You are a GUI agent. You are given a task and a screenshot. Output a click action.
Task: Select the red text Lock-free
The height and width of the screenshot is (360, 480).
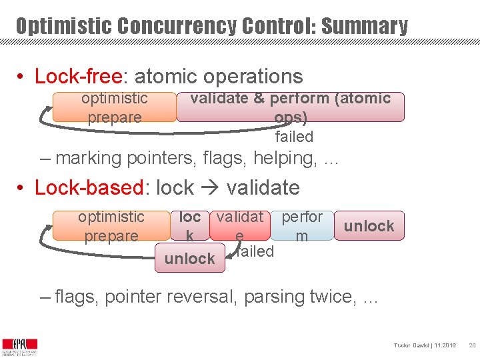[x=79, y=77]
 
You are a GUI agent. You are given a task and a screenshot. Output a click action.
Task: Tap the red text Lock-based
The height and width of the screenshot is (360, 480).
[x=89, y=188]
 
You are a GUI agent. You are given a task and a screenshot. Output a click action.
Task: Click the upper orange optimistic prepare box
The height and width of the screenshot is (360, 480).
[x=115, y=107]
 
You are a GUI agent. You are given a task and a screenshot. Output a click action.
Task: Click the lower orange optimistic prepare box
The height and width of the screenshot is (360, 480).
[x=111, y=226]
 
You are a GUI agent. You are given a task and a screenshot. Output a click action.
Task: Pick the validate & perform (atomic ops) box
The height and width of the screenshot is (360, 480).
[x=291, y=107]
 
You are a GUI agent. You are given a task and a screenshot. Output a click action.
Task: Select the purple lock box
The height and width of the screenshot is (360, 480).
[x=190, y=226]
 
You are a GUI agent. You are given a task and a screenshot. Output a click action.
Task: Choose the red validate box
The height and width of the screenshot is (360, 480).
[x=239, y=226]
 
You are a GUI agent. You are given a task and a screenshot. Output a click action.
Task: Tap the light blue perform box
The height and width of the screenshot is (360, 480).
[x=302, y=226]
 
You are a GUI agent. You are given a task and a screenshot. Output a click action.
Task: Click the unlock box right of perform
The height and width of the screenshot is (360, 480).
[x=369, y=226]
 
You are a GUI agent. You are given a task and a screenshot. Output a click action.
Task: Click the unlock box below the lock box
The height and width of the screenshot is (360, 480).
[x=190, y=259]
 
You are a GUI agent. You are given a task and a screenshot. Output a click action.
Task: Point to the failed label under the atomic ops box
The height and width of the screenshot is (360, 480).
[x=294, y=137]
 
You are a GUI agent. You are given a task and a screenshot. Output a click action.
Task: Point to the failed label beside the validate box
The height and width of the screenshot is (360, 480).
[x=255, y=251]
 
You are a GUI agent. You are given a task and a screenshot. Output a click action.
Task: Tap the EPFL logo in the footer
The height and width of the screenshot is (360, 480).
[x=19, y=345]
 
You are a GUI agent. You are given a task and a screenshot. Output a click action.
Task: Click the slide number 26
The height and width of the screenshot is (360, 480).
[x=471, y=345]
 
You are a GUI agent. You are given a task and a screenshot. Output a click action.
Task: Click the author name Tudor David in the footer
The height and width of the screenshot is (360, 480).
[x=411, y=345]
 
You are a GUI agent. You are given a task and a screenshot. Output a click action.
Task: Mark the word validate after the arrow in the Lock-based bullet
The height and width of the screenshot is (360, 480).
[x=263, y=188]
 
